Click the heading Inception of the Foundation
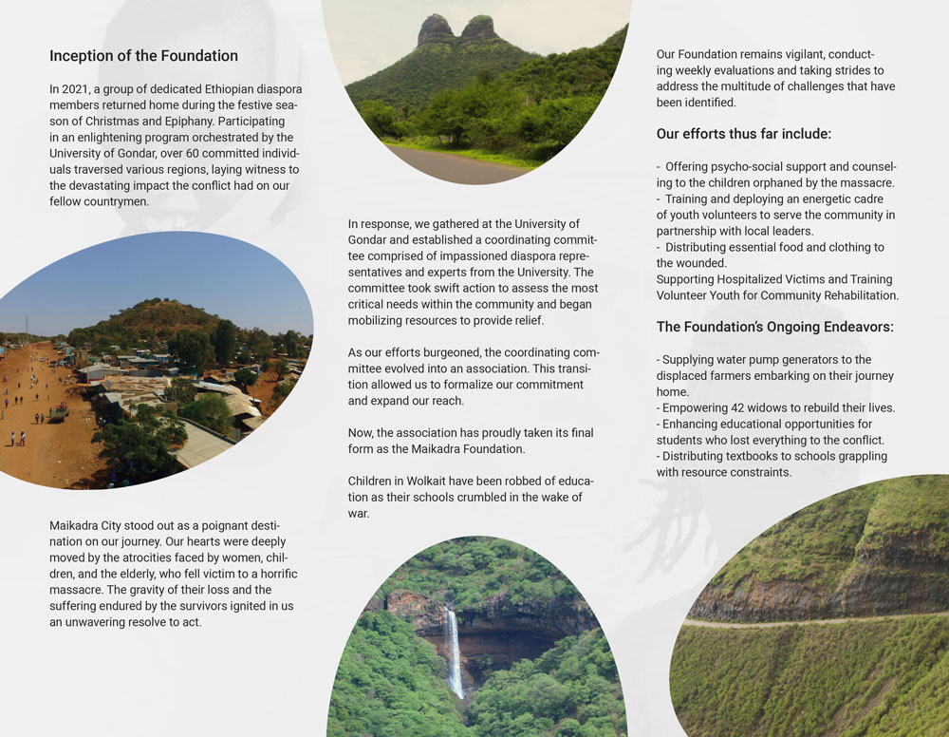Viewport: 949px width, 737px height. pyautogui.click(x=143, y=56)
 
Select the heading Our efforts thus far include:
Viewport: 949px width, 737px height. pyautogui.click(x=744, y=134)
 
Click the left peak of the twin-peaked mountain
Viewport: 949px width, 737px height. pyautogui.click(x=436, y=27)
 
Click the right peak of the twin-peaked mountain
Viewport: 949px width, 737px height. pyautogui.click(x=479, y=26)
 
